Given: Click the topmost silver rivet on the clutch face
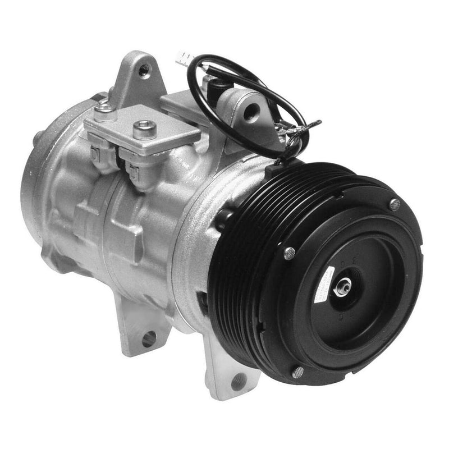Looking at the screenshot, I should (395, 205).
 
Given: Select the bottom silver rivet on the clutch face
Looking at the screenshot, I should (297, 372).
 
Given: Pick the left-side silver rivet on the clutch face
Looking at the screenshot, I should (289, 253).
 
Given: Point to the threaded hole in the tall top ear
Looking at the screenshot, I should (144, 69).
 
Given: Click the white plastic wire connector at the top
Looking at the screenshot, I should (184, 57).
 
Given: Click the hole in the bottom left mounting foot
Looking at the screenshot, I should (148, 338).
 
